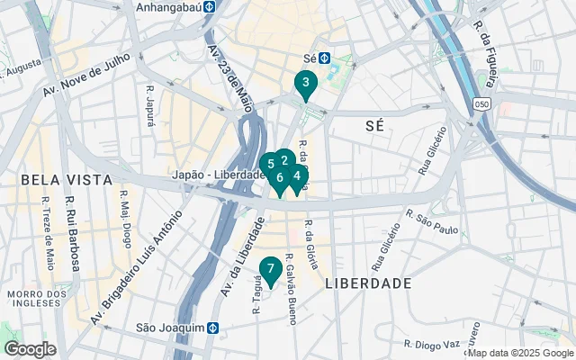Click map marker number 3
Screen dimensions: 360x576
(x=305, y=85)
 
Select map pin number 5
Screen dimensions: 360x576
(x=269, y=165)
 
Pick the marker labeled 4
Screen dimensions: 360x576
(x=297, y=176)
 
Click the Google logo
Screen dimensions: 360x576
(x=30, y=349)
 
